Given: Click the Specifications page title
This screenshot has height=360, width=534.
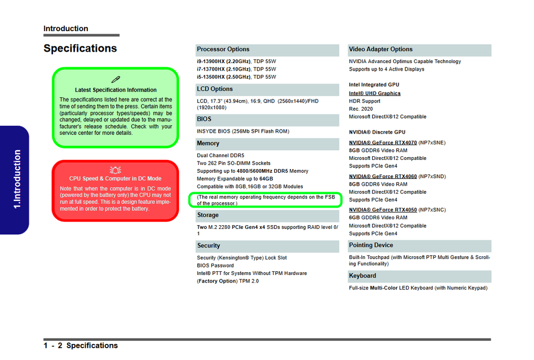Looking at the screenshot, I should click(x=80, y=49).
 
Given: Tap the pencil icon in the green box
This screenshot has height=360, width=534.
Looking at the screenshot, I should click(x=116, y=80).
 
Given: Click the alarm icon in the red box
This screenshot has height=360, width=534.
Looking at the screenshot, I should click(x=115, y=170).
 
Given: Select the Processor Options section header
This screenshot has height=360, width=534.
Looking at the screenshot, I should click(x=223, y=49).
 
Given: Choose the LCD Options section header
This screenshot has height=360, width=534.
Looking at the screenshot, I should click(x=215, y=89).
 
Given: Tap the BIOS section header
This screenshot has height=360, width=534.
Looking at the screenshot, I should click(x=204, y=119).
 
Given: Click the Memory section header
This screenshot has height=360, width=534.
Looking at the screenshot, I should click(x=208, y=143).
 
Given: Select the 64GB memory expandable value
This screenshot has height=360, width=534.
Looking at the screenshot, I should click(x=266, y=179).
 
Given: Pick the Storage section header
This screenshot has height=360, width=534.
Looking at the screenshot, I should click(x=208, y=215).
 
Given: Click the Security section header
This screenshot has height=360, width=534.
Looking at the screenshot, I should click(x=209, y=246).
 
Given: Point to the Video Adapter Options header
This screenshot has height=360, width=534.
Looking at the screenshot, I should click(x=380, y=49).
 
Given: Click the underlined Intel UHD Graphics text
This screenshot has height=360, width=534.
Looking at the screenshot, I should click(x=375, y=94).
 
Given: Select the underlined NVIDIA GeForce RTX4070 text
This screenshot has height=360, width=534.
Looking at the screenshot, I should click(x=383, y=143).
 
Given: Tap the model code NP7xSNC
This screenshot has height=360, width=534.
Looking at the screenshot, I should click(x=432, y=210).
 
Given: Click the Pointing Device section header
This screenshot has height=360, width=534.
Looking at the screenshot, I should click(x=371, y=245).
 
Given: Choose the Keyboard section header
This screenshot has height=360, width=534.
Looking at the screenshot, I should click(x=363, y=275).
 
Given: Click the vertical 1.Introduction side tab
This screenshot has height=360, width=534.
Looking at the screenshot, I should click(x=17, y=180).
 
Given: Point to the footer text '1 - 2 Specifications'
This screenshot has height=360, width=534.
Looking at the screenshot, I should click(x=81, y=346).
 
